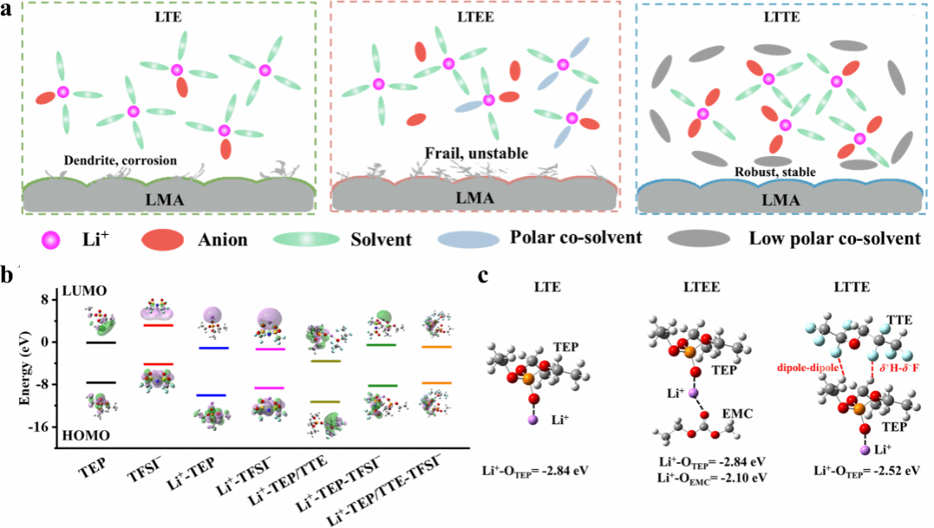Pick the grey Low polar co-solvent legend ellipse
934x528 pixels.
699,238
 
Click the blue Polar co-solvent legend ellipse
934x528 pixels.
467,238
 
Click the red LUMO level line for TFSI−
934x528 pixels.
159,325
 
